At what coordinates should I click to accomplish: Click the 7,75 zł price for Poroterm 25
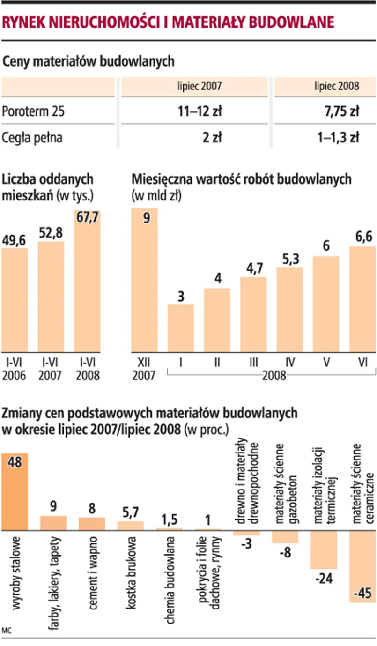pos(340,111)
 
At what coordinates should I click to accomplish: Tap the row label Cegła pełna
pos(33,137)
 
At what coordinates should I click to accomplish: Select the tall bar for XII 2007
pos(145,281)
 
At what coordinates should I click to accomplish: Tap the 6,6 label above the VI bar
pos(362,237)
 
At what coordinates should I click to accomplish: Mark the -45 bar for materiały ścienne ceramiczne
pos(362,567)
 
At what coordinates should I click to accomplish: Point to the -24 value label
pos(324,579)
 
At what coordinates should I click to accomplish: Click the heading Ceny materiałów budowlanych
pos(89,61)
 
